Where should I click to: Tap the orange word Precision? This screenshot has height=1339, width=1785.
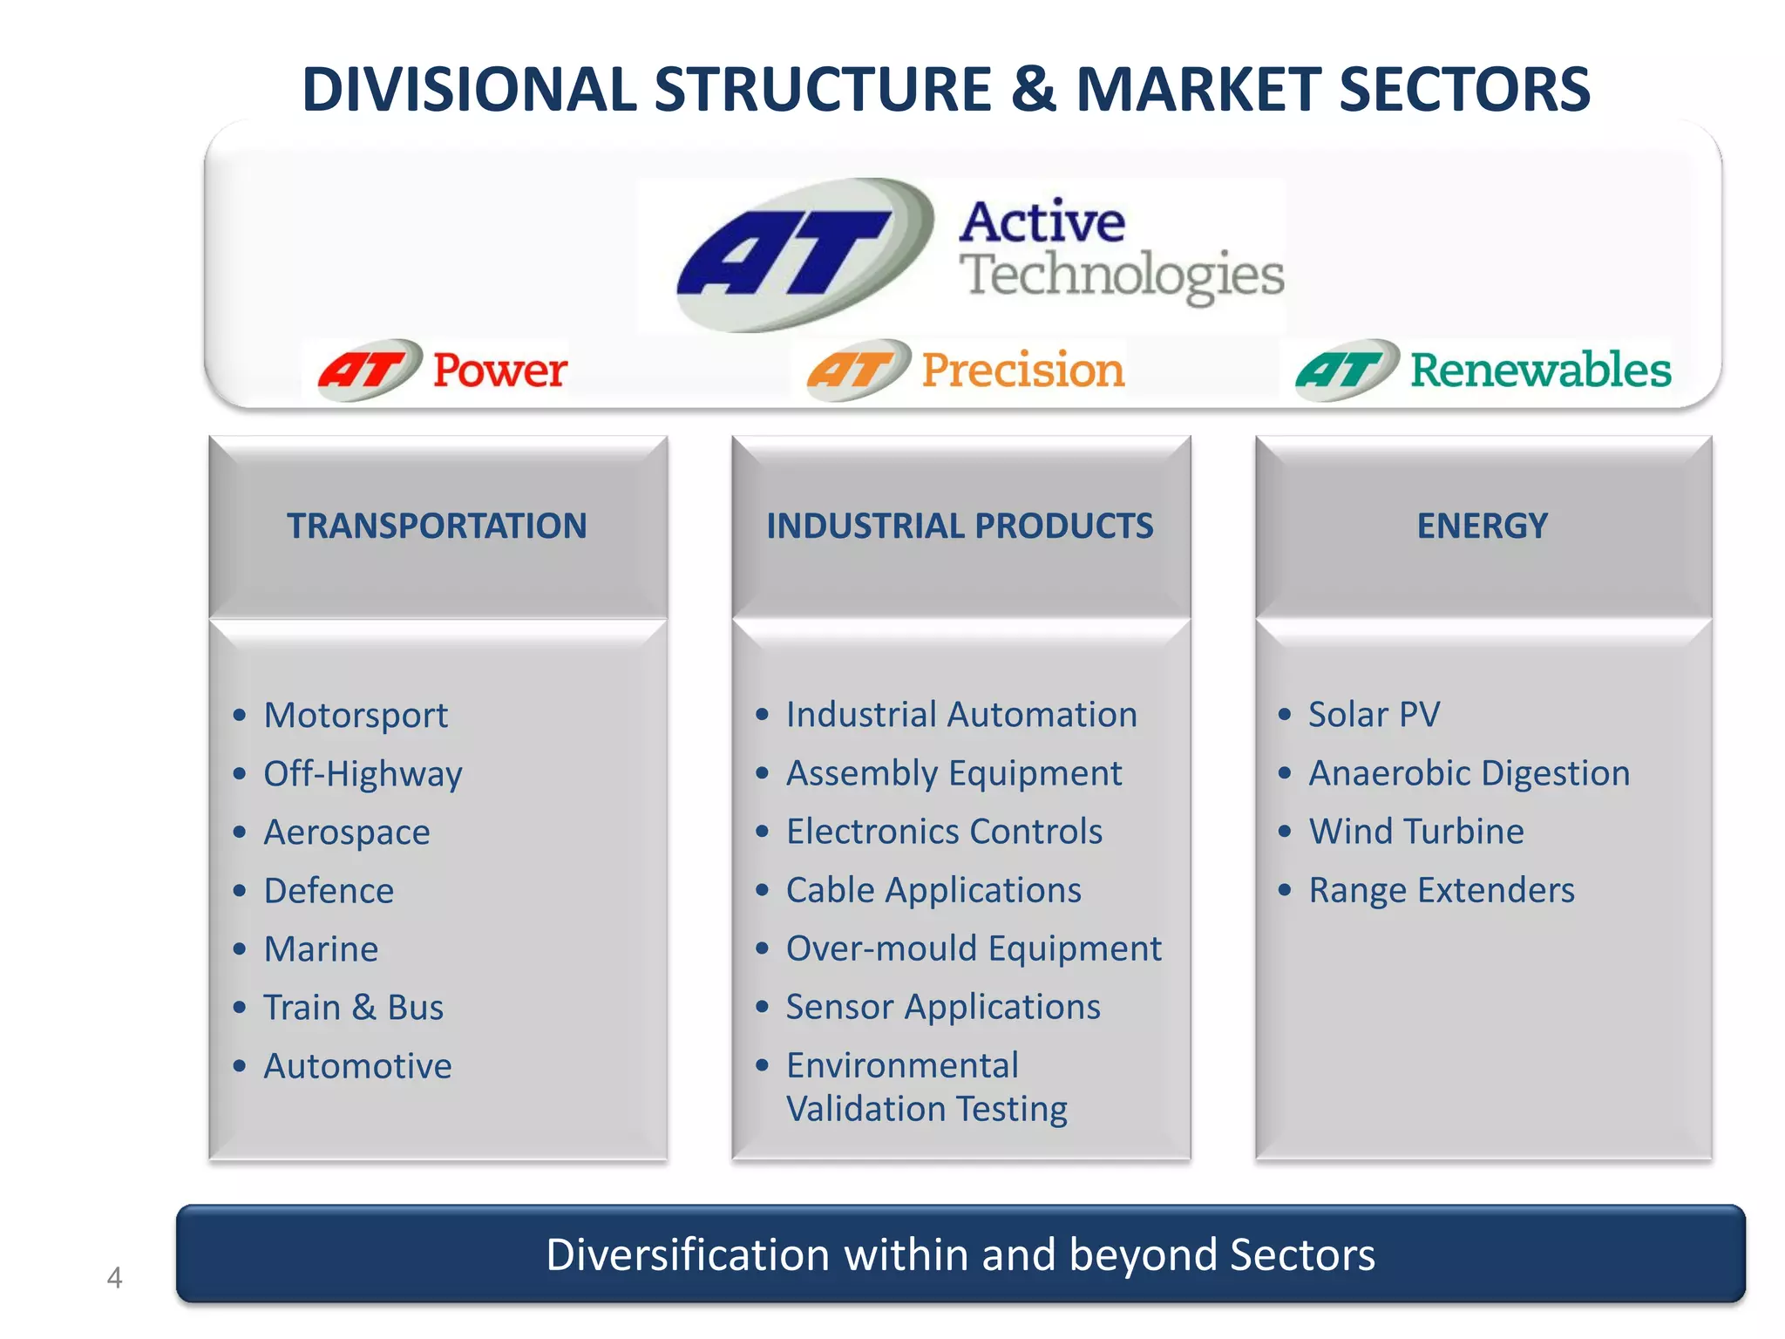(x=1022, y=370)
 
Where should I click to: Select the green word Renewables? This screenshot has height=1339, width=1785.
(x=1540, y=370)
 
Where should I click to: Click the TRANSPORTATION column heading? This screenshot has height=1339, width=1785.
(x=438, y=526)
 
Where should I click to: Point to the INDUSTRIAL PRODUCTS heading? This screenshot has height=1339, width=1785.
(x=960, y=526)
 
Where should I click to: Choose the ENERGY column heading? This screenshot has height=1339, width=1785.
(x=1482, y=526)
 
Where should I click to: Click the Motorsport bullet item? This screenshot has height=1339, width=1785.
(x=356, y=716)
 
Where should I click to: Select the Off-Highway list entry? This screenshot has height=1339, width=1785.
(x=363, y=774)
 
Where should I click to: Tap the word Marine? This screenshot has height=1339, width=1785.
(x=321, y=949)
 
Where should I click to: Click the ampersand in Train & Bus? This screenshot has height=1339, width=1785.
(x=363, y=1008)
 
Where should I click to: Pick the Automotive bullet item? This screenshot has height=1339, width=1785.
(x=357, y=1066)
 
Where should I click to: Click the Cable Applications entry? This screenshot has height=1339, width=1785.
(x=933, y=890)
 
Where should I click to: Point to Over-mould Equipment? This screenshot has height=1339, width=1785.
(x=974, y=948)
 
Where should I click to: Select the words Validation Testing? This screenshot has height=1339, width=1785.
(x=926, y=1109)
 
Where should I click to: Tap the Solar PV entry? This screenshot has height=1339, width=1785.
(x=1374, y=715)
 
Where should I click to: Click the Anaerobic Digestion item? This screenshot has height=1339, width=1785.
(x=1469, y=773)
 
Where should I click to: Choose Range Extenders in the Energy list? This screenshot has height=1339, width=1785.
(x=1442, y=890)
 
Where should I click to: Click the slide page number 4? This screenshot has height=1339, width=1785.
(x=114, y=1278)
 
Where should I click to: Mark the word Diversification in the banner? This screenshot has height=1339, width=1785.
(x=687, y=1255)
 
